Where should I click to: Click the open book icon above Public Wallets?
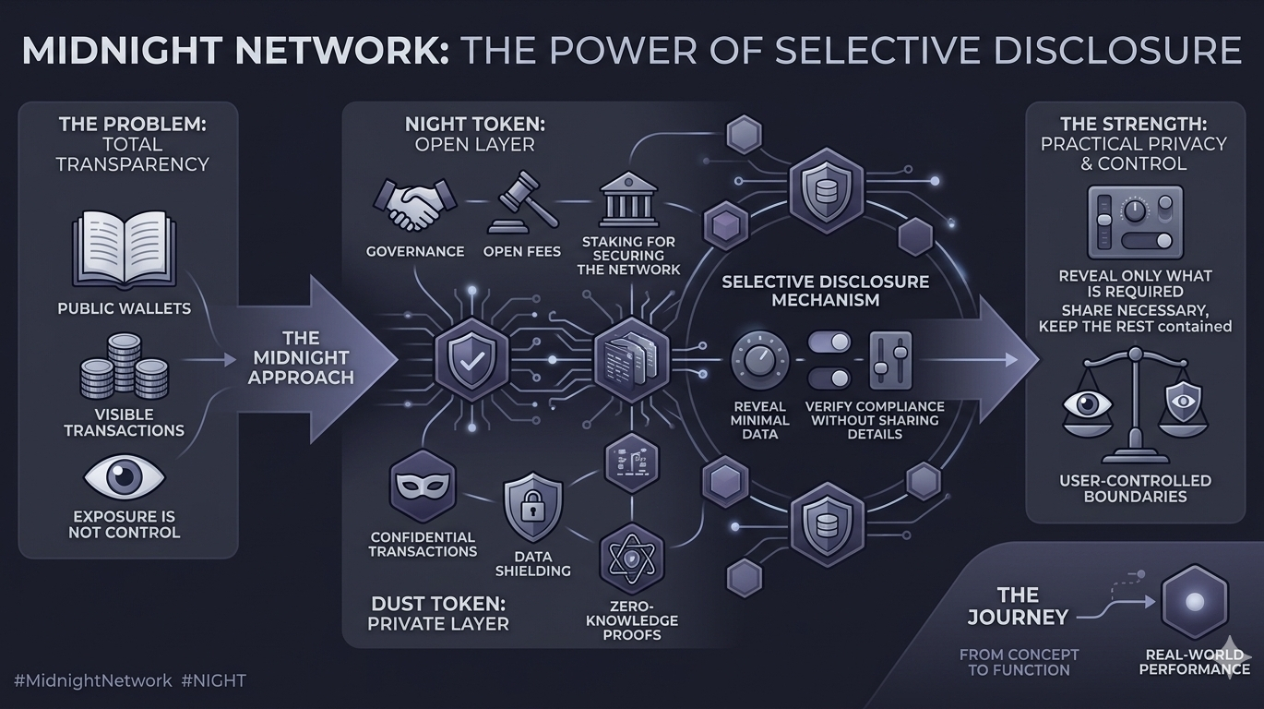click(123, 247)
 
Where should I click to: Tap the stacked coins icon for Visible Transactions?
click(125, 367)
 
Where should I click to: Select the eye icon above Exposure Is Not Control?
click(125, 477)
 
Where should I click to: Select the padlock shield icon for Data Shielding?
click(532, 506)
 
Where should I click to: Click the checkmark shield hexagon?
click(471, 359)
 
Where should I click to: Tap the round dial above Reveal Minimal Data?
click(760, 359)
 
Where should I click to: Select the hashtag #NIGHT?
click(214, 681)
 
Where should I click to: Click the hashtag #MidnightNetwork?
click(93, 681)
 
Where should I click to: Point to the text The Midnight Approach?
click(301, 357)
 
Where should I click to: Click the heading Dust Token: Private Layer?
click(437, 613)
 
